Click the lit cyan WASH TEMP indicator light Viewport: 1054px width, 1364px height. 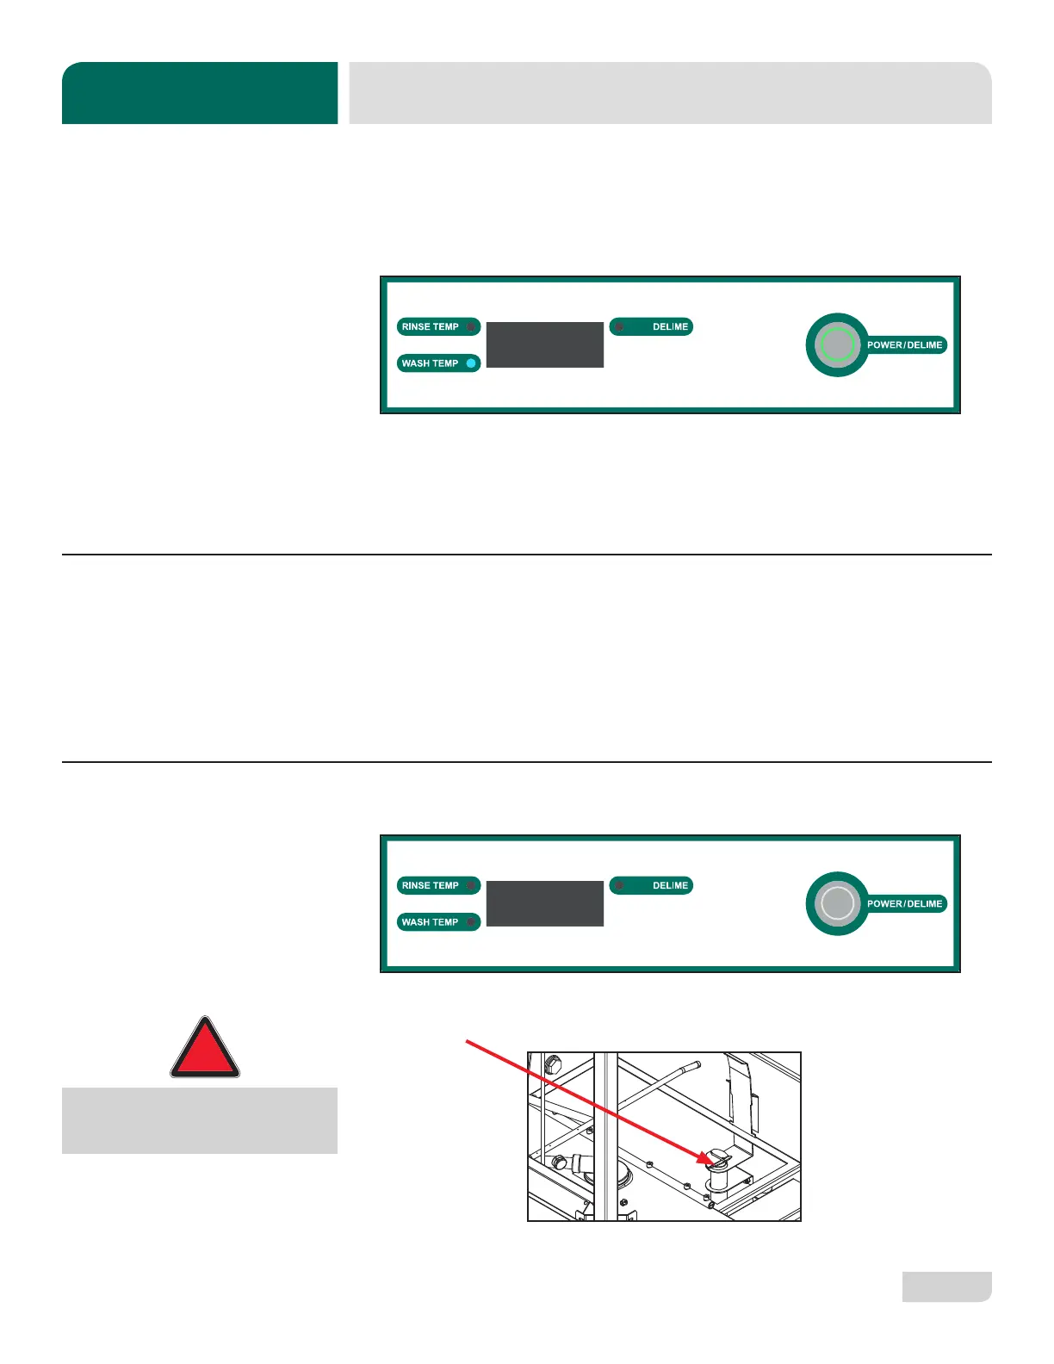(x=471, y=363)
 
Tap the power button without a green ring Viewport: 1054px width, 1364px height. (x=837, y=903)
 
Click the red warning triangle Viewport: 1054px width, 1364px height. (x=205, y=1050)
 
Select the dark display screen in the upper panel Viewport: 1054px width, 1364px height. (x=545, y=344)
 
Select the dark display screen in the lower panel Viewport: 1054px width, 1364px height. (x=545, y=903)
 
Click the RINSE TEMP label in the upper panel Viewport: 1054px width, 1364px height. (x=431, y=327)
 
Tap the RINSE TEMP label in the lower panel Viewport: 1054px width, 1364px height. (x=431, y=886)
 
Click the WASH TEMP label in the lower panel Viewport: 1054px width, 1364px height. (x=431, y=922)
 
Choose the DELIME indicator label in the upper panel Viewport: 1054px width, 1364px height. (x=669, y=327)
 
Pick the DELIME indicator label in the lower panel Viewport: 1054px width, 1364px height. (x=669, y=886)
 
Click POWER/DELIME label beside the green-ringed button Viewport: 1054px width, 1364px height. (x=904, y=345)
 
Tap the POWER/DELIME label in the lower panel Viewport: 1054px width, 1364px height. (x=904, y=904)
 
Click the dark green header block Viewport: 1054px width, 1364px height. (x=200, y=93)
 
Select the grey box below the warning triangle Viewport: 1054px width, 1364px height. (x=200, y=1120)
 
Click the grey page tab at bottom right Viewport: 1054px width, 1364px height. (x=946, y=1286)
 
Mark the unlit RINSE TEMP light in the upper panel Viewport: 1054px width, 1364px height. (x=471, y=327)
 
